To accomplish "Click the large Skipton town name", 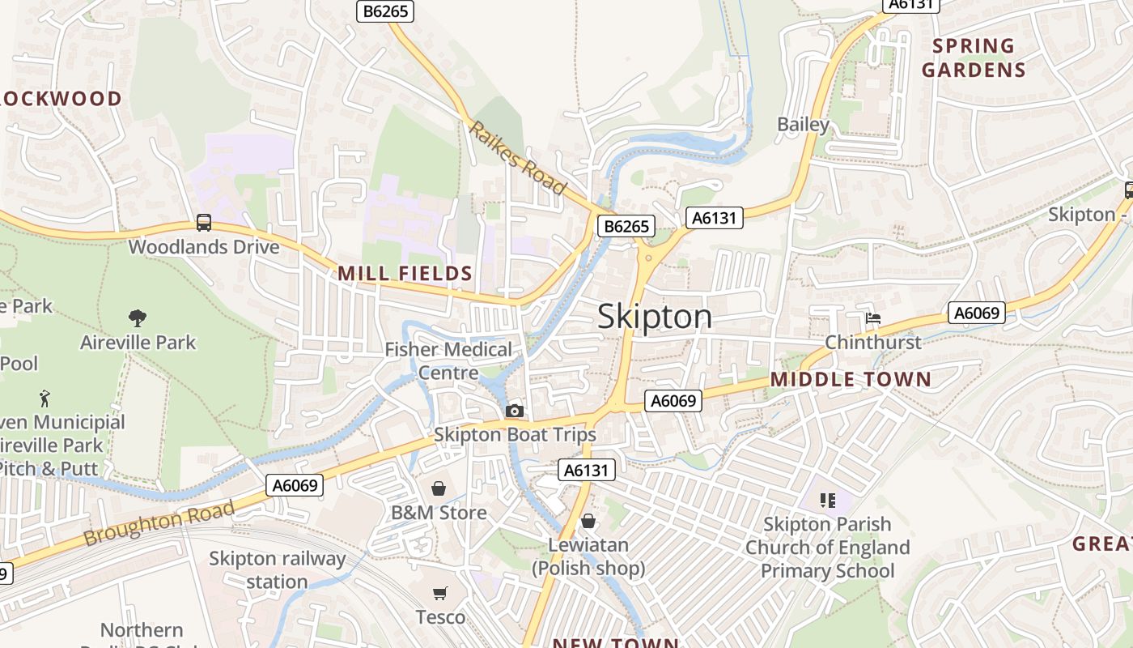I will [x=655, y=317].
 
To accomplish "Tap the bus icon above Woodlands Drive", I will [x=204, y=223].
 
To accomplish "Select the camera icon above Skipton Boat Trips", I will [x=515, y=411].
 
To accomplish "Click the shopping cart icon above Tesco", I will [x=439, y=594].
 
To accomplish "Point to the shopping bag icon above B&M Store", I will [x=439, y=488].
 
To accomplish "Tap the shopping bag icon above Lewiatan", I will [x=588, y=521].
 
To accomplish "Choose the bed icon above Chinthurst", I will [x=873, y=318].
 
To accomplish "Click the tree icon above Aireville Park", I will [x=138, y=318].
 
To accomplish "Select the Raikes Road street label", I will [x=518, y=158].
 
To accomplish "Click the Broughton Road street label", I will [x=159, y=522].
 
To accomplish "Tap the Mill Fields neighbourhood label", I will [x=405, y=274].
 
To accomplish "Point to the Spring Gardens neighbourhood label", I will [x=974, y=58].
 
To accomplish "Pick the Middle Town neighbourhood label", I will [x=851, y=379].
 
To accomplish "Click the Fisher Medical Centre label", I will [x=448, y=361].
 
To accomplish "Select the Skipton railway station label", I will [x=277, y=570].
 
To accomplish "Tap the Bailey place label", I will [x=803, y=125].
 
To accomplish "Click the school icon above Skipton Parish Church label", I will [x=827, y=501].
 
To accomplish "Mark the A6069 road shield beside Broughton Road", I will [x=295, y=485].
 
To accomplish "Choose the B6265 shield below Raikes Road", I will [x=626, y=226].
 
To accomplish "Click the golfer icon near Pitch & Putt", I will [x=45, y=399].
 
